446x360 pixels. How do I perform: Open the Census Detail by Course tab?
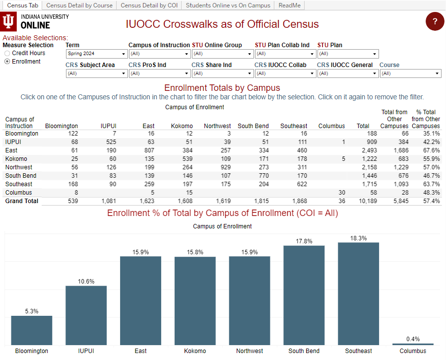pyautogui.click(x=79, y=5)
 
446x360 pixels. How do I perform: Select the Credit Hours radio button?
pyautogui.click(x=7, y=53)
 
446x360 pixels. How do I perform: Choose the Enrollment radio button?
pyautogui.click(x=7, y=62)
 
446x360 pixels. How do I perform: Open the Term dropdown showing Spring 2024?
pyautogui.click(x=97, y=54)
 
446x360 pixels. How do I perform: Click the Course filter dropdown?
pyautogui.click(x=410, y=73)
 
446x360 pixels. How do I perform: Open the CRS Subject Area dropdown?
pyautogui.click(x=97, y=73)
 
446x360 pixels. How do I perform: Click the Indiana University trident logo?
pyautogui.click(x=9, y=22)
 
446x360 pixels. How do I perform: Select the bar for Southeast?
pyautogui.click(x=358, y=293)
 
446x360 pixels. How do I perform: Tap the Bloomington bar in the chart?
pyautogui.click(x=32, y=330)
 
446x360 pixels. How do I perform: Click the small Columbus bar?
pyautogui.click(x=413, y=344)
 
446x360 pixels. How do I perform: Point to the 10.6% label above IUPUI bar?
pyautogui.click(x=86, y=282)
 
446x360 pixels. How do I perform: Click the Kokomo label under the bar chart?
pyautogui.click(x=195, y=351)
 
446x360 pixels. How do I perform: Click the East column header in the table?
pyautogui.click(x=148, y=126)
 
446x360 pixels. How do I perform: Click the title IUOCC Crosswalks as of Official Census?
pyautogui.click(x=222, y=24)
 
